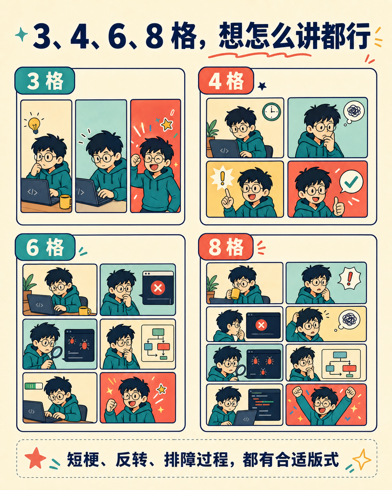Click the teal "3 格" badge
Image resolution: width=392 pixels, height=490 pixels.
click(x=45, y=81)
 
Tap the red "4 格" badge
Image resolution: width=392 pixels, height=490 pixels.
click(x=226, y=81)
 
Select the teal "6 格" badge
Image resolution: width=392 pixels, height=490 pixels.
click(x=45, y=247)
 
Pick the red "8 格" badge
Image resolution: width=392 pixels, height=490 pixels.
click(x=226, y=247)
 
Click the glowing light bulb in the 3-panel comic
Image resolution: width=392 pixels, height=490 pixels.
click(x=34, y=124)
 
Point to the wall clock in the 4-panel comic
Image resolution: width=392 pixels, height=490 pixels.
click(x=271, y=112)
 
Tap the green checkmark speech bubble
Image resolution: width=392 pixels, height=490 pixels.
click(x=351, y=182)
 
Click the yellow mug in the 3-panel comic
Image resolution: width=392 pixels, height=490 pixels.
click(x=65, y=201)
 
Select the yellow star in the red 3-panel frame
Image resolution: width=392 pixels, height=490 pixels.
click(x=167, y=124)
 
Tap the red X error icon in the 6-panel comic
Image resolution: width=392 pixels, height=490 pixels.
click(x=158, y=288)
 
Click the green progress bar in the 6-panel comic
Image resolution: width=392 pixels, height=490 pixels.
click(x=33, y=386)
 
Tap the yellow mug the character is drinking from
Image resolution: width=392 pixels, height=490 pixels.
click(x=234, y=294)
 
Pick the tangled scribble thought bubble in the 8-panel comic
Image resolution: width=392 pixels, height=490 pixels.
click(x=349, y=319)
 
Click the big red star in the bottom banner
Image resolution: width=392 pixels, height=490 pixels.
click(x=35, y=458)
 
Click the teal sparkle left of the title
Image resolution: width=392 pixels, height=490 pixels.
click(x=21, y=34)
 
